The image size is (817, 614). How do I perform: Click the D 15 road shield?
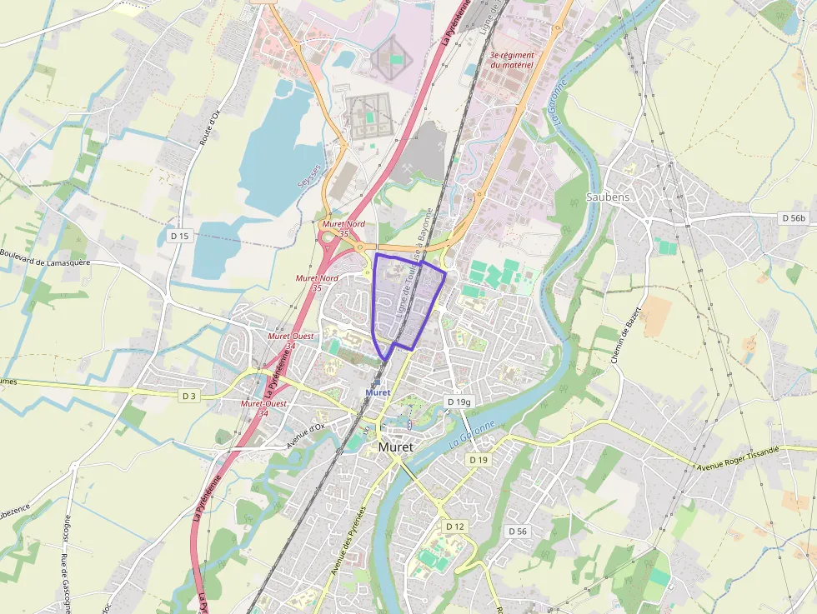[x=179, y=236]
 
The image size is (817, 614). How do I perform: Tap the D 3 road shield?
[x=188, y=396]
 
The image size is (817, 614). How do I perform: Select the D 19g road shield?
[x=459, y=402]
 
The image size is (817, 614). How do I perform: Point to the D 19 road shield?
[x=478, y=460]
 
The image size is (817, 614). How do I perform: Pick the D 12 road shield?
[x=454, y=527]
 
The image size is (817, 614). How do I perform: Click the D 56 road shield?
[x=518, y=531]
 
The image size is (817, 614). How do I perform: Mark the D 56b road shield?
[x=794, y=217]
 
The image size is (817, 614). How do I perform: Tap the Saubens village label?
[x=608, y=197]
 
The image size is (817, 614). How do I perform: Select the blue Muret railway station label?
[x=378, y=392]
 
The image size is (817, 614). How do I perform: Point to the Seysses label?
[x=310, y=173]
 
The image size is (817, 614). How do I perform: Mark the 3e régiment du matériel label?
[x=512, y=60]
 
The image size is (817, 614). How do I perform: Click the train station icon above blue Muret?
[x=378, y=381]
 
